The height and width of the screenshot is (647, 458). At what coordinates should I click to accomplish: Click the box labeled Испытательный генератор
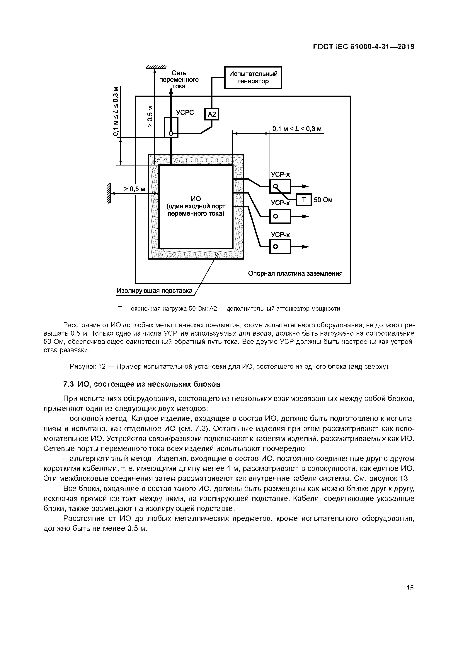[253, 77]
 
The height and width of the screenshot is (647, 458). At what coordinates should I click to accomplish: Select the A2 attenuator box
[211, 114]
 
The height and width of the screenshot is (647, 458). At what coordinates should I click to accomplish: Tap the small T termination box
[304, 200]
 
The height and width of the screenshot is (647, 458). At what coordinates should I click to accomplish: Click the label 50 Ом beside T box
[323, 200]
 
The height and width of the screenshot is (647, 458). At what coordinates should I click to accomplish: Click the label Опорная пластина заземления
[295, 273]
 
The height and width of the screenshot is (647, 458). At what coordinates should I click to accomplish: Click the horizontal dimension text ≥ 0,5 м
[135, 189]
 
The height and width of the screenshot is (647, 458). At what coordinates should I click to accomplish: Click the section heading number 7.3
[69, 384]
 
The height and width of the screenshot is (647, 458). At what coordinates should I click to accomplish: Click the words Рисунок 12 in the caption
[87, 367]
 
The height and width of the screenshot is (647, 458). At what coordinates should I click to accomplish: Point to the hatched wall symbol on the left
[109, 193]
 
